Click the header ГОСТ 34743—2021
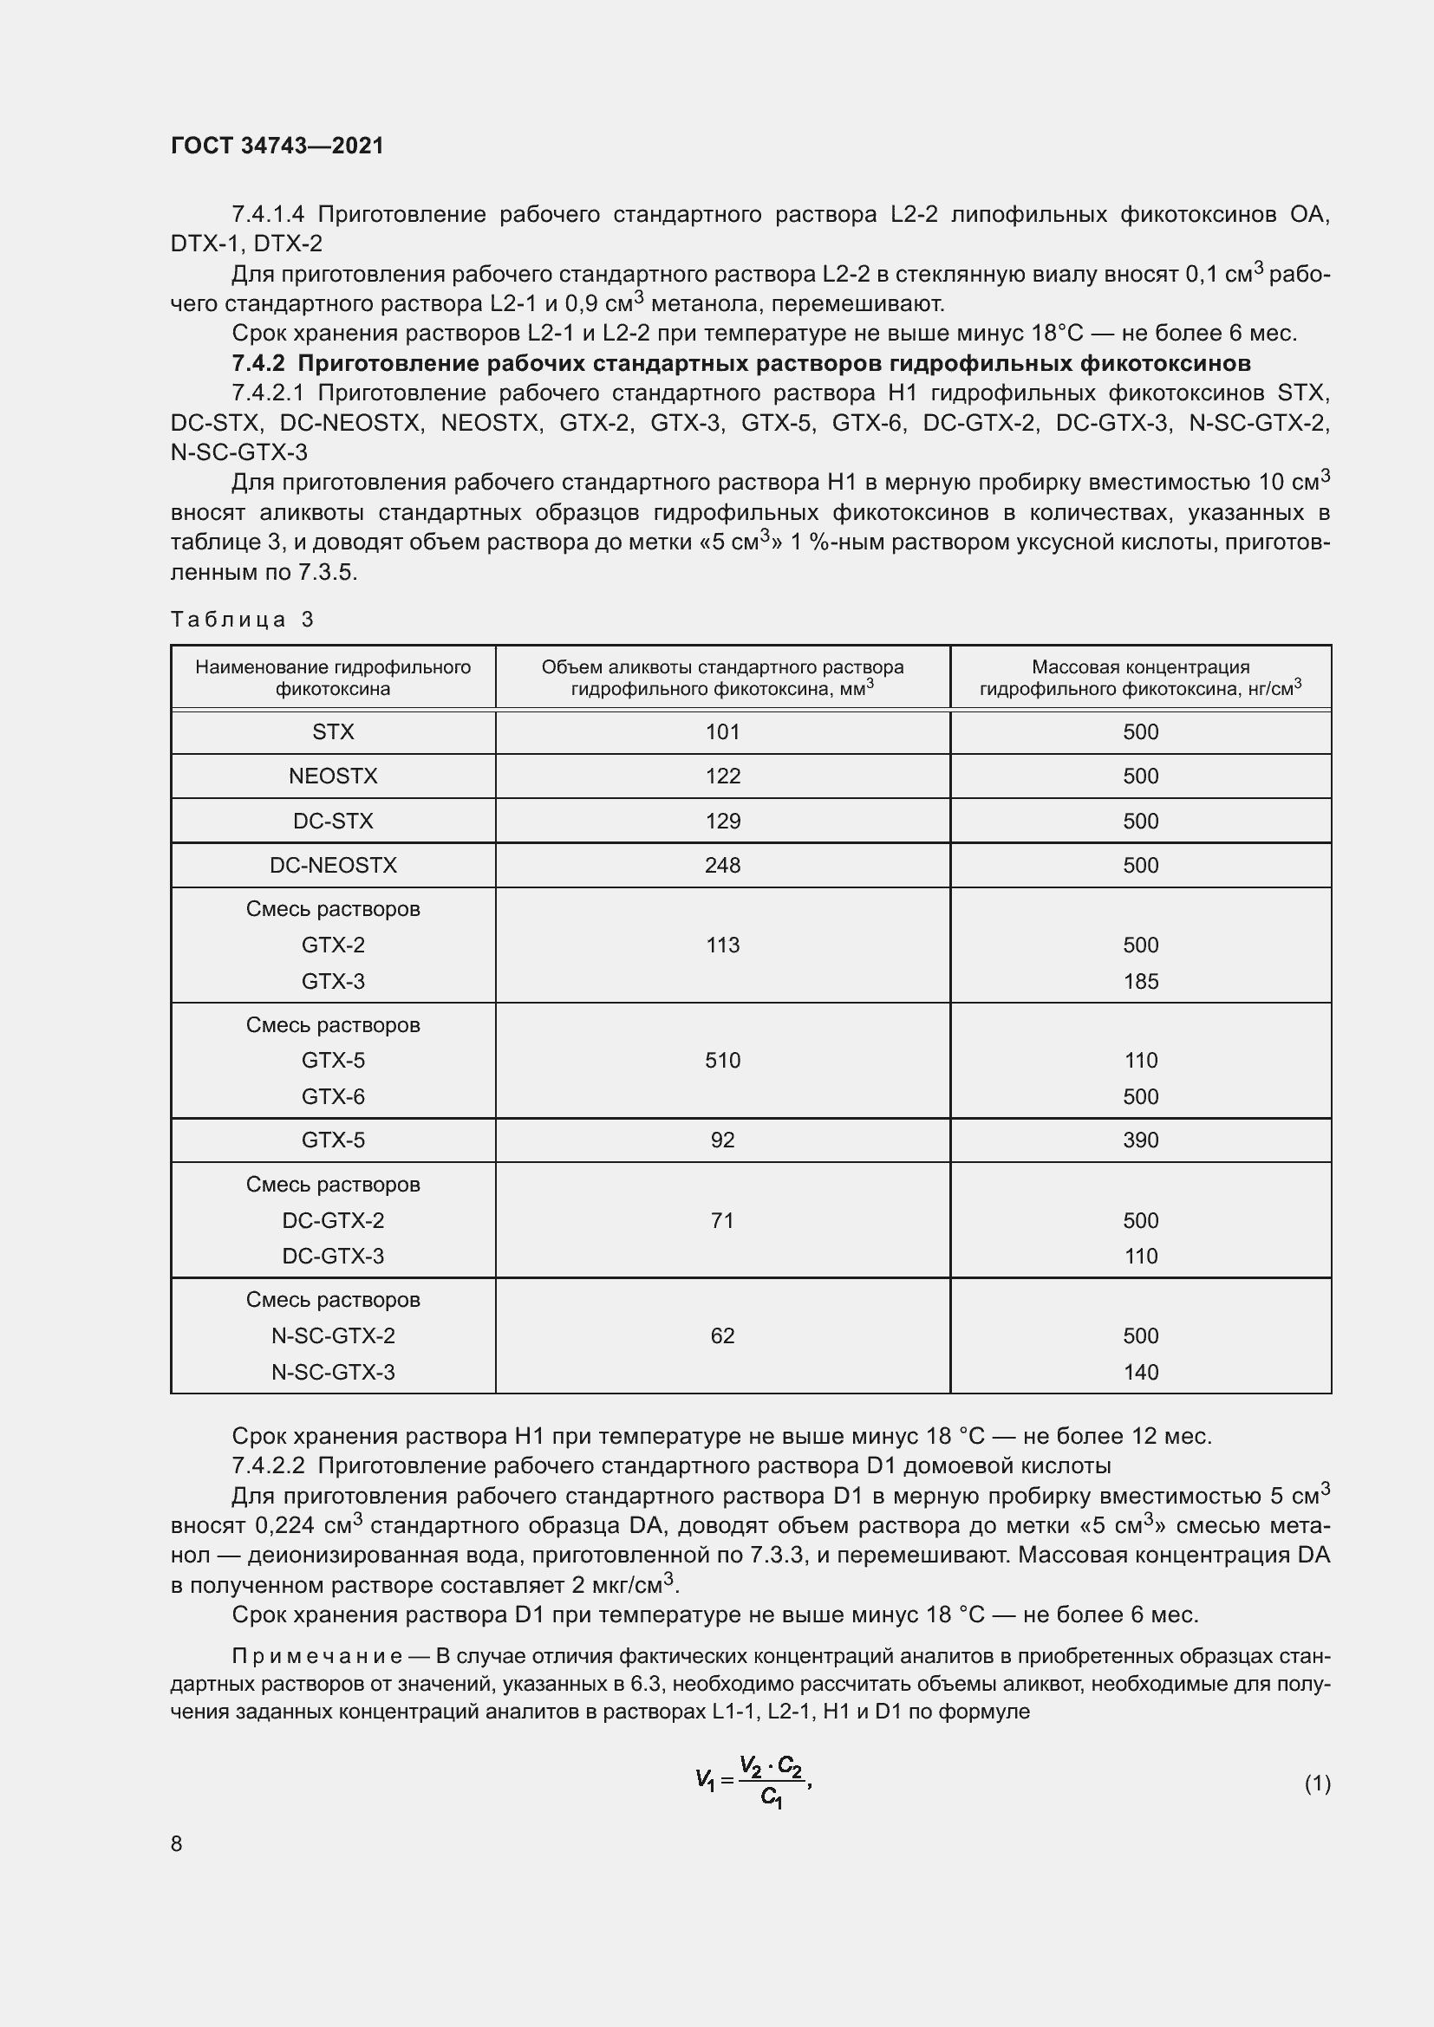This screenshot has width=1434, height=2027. point(277,146)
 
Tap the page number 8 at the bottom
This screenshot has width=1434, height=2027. point(177,1843)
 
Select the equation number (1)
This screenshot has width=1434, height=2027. point(1317,1783)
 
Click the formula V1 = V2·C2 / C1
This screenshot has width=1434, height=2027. point(753,1783)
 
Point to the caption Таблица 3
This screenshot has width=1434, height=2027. point(242,619)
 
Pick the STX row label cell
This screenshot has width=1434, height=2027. point(333,732)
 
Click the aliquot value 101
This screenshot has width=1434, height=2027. point(722,732)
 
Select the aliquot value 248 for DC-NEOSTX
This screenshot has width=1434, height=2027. point(722,865)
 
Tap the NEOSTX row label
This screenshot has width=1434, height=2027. point(333,776)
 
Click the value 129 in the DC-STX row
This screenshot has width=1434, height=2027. point(722,821)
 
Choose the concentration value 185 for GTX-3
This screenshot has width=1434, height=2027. point(1140,981)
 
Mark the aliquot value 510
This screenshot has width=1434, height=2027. point(722,1060)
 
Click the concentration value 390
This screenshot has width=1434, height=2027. point(1140,1140)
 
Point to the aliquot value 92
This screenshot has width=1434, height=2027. point(722,1140)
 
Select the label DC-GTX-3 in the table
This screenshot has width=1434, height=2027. point(333,1256)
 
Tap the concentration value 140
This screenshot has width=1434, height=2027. point(1140,1372)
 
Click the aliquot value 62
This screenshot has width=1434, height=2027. point(722,1335)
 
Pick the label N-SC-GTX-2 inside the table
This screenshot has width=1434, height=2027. point(333,1335)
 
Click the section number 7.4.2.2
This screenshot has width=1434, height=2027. point(268,1465)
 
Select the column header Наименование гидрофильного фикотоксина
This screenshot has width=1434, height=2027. point(333,678)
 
